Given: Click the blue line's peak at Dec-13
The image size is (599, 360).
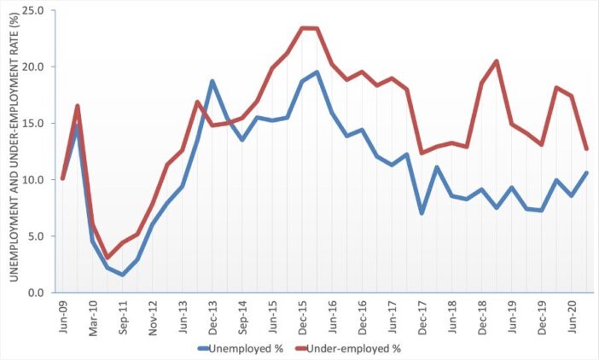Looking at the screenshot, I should click(212, 81).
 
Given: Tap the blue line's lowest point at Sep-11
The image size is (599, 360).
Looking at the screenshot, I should click(123, 275).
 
